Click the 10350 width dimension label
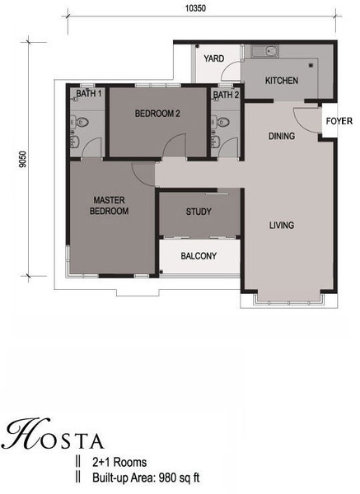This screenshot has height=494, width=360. click(195, 8)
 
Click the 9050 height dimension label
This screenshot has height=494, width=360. click(23, 160)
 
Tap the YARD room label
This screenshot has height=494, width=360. click(213, 58)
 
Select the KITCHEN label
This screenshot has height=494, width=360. click(282, 81)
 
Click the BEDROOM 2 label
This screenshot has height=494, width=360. click(157, 114)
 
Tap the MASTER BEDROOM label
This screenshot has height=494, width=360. click(109, 205)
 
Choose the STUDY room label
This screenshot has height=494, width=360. click(199, 212)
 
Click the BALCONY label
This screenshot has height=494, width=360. click(199, 255)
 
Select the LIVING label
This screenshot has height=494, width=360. click(282, 225)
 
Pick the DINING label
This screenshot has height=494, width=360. click(282, 136)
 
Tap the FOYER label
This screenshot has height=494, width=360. click(339, 121)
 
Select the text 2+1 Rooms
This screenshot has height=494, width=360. click(119, 462)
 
